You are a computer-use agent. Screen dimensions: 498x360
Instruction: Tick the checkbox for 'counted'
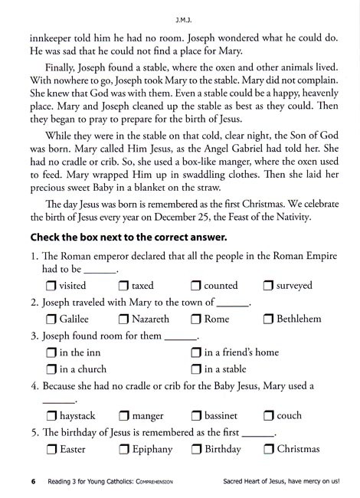click(196, 286)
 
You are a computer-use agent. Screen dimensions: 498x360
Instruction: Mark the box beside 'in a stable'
click(196, 369)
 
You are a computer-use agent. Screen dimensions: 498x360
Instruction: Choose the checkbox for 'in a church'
click(51, 369)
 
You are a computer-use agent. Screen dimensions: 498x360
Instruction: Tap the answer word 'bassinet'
click(226, 416)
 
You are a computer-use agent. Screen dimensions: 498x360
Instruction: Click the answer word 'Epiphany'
click(152, 450)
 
